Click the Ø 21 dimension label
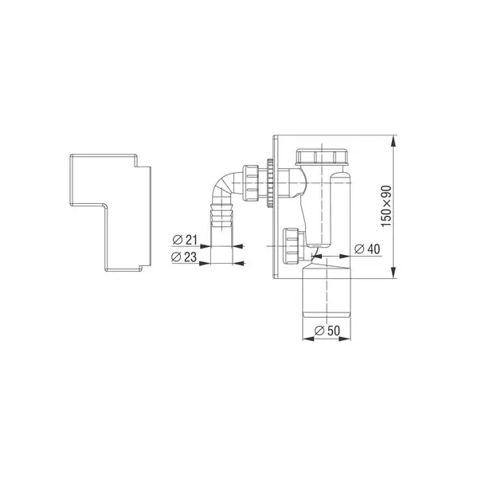coord(185,240)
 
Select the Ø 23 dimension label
coord(184,257)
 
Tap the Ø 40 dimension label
coord(367,249)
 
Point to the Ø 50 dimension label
coord(327,331)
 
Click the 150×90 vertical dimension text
coord(386,206)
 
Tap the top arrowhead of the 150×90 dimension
coord(394,141)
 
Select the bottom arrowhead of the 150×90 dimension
coord(394,272)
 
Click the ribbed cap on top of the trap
coord(322,157)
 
